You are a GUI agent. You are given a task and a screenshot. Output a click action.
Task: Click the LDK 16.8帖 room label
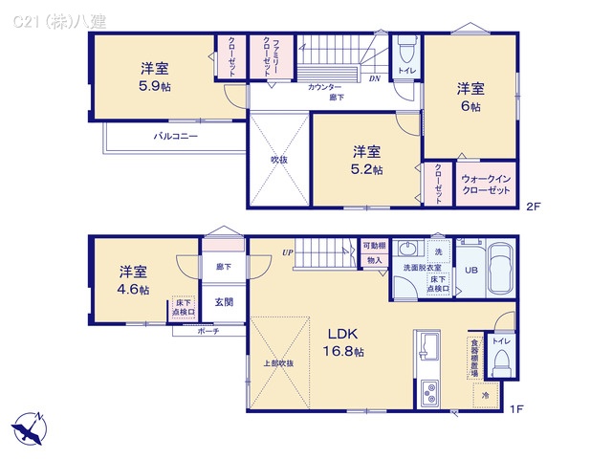click(345, 342)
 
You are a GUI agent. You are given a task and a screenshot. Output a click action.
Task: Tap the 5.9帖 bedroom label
click(154, 76)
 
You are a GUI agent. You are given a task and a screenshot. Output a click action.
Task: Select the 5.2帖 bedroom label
click(366, 160)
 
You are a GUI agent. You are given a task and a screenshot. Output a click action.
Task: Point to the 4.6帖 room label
click(133, 280)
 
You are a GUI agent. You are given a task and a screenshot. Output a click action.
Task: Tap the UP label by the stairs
click(286, 252)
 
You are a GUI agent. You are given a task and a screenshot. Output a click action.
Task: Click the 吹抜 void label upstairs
click(278, 160)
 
